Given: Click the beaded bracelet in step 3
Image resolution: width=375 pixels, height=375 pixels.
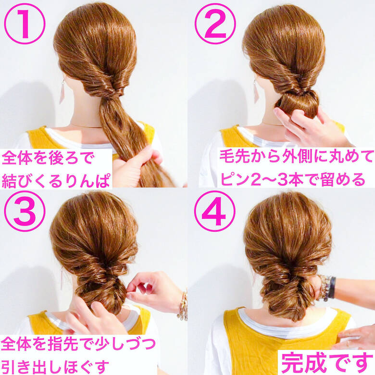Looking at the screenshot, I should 183,306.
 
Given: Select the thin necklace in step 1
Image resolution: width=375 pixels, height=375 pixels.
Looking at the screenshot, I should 87,126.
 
